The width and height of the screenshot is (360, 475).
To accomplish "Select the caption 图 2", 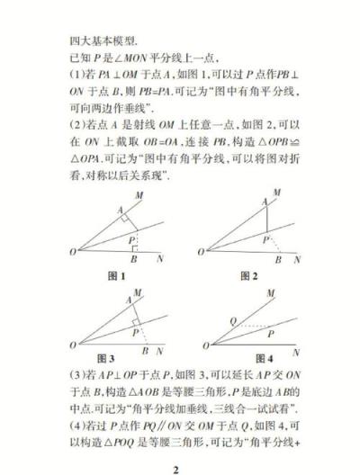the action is click(x=248, y=273).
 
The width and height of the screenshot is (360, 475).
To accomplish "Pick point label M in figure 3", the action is click(x=136, y=293).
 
